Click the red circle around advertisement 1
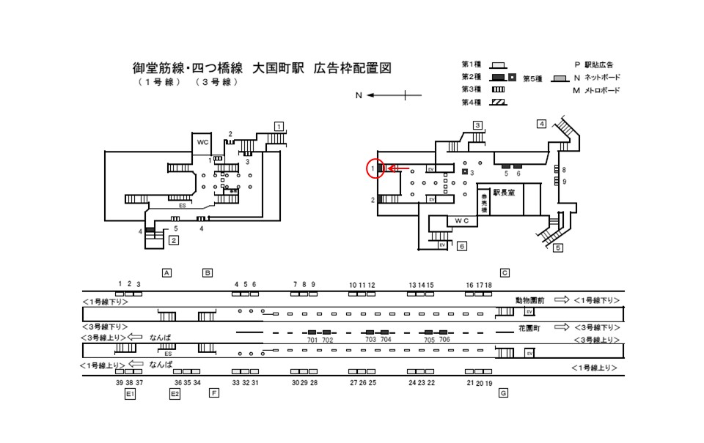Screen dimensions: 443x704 375,168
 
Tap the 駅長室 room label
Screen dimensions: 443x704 505,193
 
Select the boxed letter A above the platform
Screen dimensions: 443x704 166,272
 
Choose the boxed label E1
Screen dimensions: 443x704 130,393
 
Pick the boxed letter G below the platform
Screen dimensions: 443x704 503,393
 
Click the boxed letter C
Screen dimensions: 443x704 505,272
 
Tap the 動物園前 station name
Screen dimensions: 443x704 530,300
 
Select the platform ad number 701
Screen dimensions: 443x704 312,340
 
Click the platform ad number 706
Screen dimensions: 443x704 444,340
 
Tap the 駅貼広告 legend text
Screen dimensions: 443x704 603,65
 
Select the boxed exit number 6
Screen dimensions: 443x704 461,247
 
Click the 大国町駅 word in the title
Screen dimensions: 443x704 278,68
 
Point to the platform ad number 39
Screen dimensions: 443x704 120,382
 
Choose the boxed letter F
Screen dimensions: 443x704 213,393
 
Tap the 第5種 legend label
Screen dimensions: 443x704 532,78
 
